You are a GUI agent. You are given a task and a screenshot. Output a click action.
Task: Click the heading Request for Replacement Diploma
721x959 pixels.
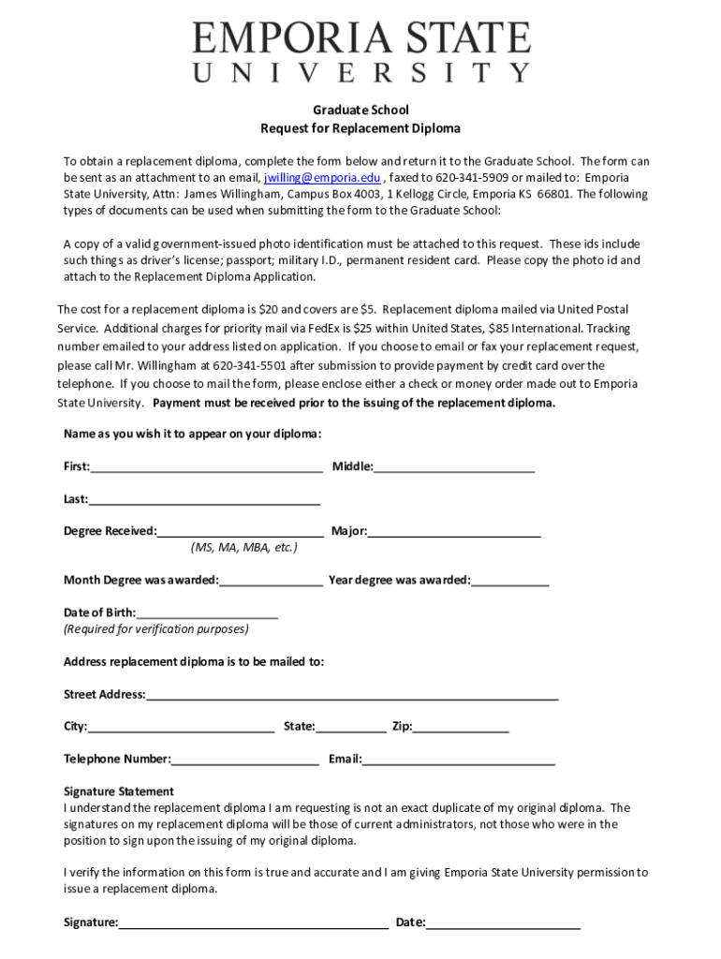point(360,128)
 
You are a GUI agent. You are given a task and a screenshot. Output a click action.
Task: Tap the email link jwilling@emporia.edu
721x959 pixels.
point(321,178)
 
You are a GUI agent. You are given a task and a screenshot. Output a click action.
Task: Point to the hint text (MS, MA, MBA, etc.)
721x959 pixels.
point(244,547)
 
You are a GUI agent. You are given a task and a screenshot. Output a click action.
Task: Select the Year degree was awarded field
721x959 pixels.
point(510,580)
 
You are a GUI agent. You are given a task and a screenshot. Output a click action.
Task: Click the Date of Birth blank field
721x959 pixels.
point(207,612)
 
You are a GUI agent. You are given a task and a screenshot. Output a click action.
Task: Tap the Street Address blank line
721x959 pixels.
point(352,694)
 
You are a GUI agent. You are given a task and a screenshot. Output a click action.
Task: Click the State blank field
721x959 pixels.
point(350,726)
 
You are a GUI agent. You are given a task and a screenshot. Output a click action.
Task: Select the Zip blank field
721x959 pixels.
point(461,726)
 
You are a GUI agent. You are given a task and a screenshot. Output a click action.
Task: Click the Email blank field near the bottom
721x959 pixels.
point(458,759)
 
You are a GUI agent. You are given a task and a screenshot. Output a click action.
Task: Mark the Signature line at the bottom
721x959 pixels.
point(253,922)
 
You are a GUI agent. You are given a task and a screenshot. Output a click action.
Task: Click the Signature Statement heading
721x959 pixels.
point(119,791)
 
